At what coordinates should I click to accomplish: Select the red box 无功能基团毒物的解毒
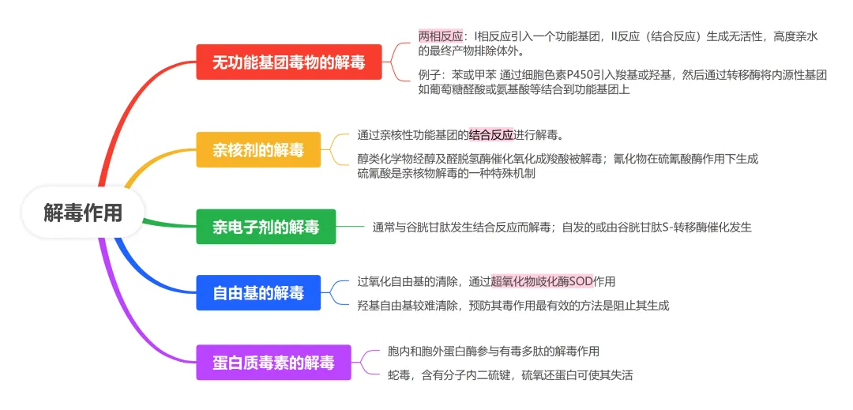pyautogui.click(x=288, y=62)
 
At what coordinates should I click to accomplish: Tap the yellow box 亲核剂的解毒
pyautogui.click(x=258, y=149)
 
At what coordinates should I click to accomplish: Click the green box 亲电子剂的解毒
pyautogui.click(x=266, y=228)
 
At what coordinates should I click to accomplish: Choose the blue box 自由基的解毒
pyautogui.click(x=258, y=293)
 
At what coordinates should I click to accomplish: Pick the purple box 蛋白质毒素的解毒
pyautogui.click(x=273, y=363)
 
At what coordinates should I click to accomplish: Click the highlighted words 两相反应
pyautogui.click(x=441, y=36)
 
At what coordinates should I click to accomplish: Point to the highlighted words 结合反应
pyautogui.click(x=490, y=134)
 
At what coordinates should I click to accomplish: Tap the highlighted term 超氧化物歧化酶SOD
pyautogui.click(x=542, y=281)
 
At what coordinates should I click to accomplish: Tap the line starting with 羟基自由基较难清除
pyautogui.click(x=513, y=306)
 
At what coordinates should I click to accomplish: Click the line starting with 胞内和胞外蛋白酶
pyautogui.click(x=493, y=351)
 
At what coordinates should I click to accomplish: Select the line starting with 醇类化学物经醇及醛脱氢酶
pyautogui.click(x=557, y=159)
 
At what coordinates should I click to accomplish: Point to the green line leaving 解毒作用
pyautogui.click(x=170, y=224)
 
